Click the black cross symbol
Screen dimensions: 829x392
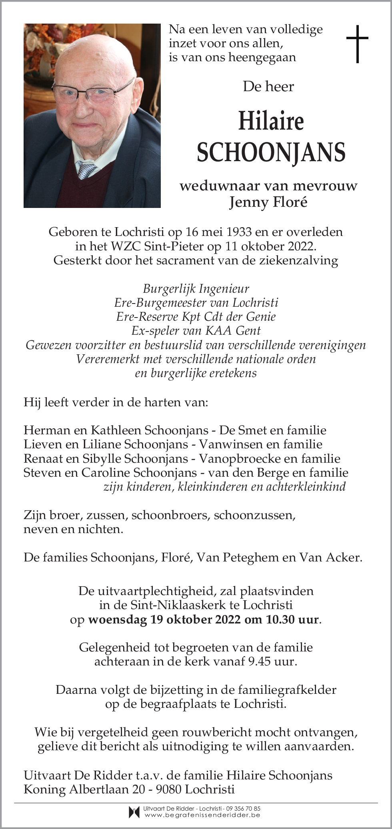click(357, 44)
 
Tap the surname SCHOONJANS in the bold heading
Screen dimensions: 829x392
click(271, 152)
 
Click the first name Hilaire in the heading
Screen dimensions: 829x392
click(271, 121)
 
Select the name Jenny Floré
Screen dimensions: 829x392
click(268, 202)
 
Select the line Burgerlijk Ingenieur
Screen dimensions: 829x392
click(196, 288)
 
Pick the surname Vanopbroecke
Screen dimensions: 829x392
click(233, 458)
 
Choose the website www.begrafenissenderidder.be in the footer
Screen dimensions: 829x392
click(202, 815)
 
